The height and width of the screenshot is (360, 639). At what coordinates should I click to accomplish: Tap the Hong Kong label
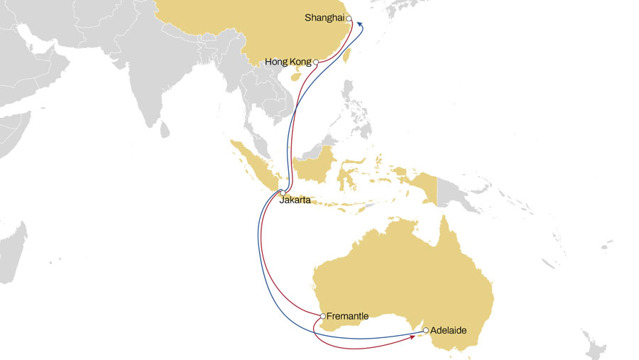click(x=288, y=62)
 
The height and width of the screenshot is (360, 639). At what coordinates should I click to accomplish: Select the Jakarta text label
click(x=295, y=201)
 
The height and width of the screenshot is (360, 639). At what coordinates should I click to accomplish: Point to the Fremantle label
click(x=348, y=315)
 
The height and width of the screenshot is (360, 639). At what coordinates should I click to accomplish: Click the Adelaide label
click(x=449, y=330)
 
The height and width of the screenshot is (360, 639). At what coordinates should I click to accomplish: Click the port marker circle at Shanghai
click(x=349, y=19)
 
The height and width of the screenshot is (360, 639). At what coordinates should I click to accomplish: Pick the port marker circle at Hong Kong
click(x=315, y=62)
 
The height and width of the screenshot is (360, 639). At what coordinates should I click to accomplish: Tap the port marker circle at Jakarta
click(x=283, y=193)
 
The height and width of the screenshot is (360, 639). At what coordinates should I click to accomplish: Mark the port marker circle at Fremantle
click(x=323, y=315)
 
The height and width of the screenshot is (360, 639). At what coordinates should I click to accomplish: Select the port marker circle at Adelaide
click(x=425, y=330)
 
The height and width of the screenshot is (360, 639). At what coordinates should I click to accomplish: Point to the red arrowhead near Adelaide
click(x=413, y=338)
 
